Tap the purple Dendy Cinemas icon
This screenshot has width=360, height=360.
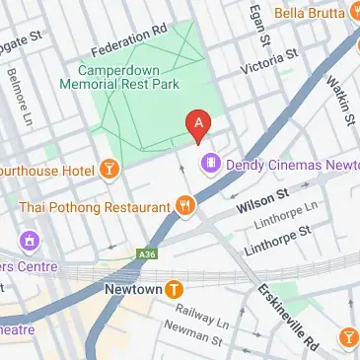coord(209,162)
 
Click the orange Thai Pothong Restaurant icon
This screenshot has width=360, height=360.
coord(184,205)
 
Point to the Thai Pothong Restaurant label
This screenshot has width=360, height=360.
coord(94,207)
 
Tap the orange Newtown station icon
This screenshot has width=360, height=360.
coord(175,289)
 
